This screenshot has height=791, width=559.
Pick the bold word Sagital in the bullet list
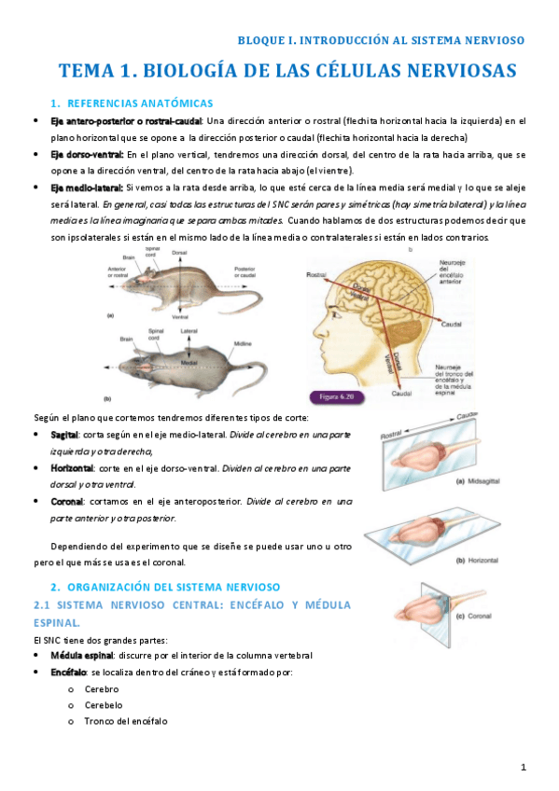[66, 435]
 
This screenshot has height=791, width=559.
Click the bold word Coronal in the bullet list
[68, 501]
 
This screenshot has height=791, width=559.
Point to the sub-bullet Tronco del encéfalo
[126, 721]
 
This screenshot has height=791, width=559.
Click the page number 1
[524, 767]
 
